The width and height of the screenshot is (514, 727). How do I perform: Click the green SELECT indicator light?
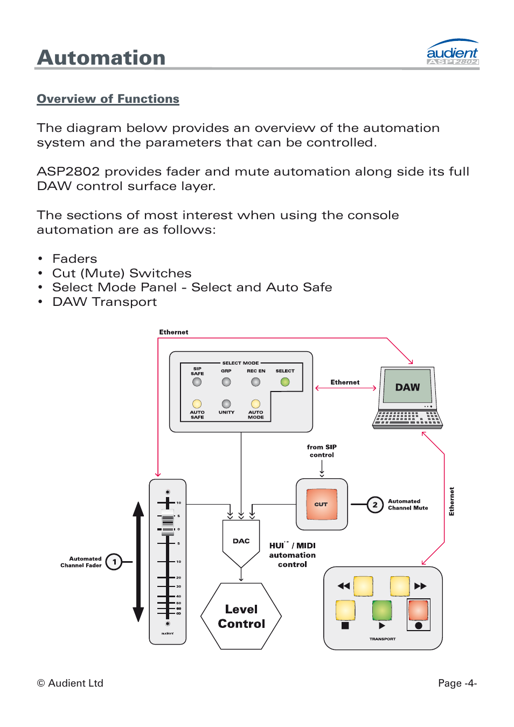coord(285,382)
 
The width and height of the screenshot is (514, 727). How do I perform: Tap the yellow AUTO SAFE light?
coord(197,404)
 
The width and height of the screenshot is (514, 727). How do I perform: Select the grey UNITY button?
coord(226,404)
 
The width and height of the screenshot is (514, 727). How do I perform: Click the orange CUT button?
coord(322,504)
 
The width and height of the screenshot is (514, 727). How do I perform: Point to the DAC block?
coord(241,541)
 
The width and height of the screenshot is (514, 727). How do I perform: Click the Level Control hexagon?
coord(241,616)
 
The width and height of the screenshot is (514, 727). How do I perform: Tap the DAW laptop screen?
coord(407,387)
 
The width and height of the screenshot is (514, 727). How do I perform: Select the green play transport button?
coord(381,610)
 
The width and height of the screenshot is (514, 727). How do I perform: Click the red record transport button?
coord(418,611)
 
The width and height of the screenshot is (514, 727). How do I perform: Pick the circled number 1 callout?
coord(114,562)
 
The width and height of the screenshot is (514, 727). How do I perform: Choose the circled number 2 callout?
coord(375,505)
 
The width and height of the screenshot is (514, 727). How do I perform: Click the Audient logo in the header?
coord(452,53)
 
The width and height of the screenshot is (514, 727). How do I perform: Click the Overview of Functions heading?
coord(108,99)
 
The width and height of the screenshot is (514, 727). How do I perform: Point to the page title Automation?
coord(101,58)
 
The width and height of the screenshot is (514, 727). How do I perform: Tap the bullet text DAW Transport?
coord(105,302)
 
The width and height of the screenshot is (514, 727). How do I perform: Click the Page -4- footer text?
coord(457,683)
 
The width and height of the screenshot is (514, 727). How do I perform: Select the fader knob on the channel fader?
coord(168,520)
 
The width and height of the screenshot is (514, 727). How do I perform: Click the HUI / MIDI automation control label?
coord(293,555)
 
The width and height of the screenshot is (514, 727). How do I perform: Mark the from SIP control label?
coord(322,451)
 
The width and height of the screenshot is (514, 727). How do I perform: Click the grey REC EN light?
coord(256,382)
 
